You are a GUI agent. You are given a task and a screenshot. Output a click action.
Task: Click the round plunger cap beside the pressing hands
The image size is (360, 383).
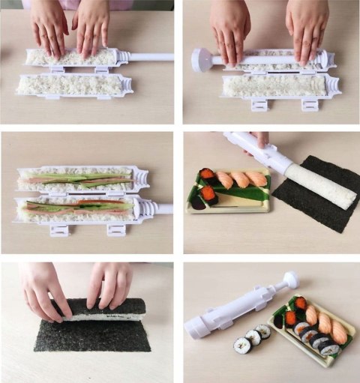(201, 60)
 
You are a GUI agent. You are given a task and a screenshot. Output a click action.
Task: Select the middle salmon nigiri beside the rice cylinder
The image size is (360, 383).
(240, 179)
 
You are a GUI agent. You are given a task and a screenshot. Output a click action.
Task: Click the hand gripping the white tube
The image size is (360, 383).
(259, 140)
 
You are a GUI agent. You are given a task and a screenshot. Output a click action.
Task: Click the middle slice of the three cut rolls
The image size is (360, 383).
(253, 338)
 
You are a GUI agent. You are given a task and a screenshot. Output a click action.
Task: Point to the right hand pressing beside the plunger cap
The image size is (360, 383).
(307, 34)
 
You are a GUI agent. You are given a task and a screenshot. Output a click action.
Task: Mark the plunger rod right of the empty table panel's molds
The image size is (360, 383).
(154, 56)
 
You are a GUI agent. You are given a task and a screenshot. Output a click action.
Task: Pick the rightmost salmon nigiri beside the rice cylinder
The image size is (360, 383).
(256, 179)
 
